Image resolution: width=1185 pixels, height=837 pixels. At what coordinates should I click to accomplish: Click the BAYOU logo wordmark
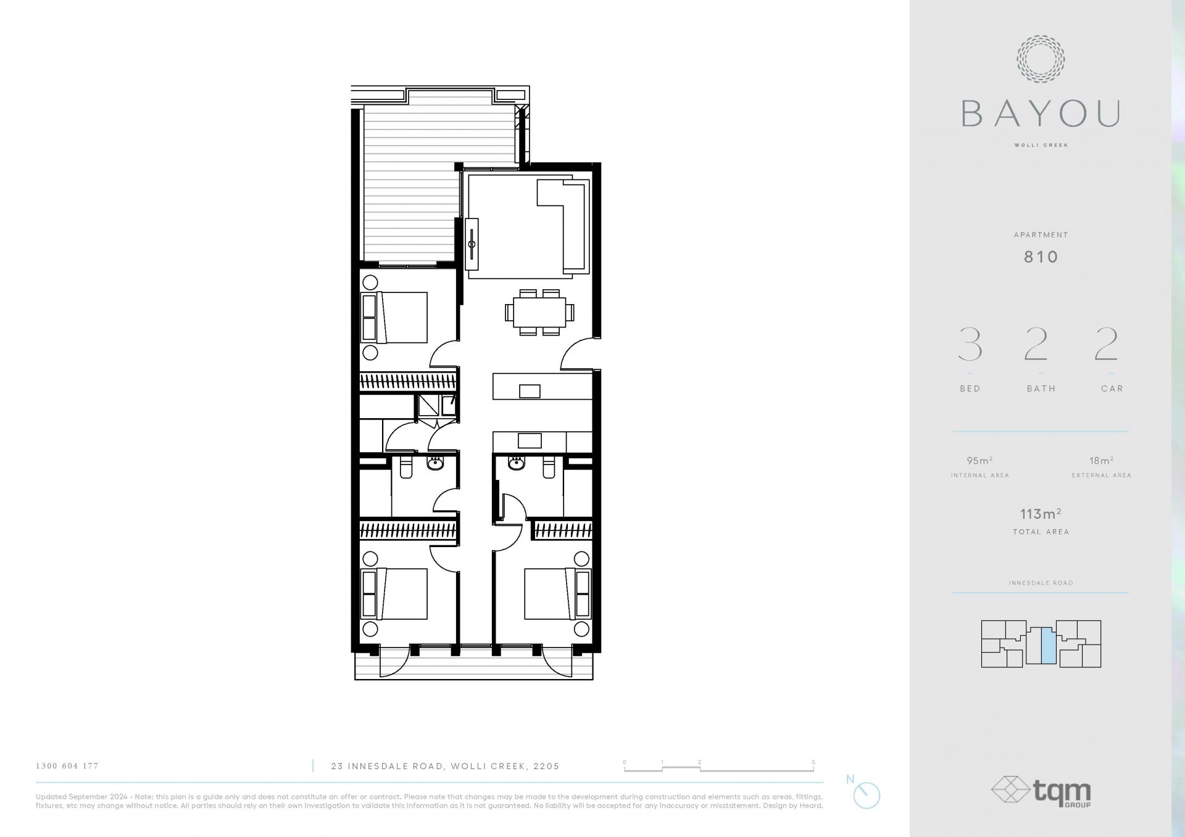(1041, 114)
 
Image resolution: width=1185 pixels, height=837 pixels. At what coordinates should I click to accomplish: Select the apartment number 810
(1041, 257)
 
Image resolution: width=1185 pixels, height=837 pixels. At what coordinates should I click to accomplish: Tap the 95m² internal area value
(979, 461)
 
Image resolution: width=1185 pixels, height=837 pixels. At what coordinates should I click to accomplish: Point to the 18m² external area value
(1102, 461)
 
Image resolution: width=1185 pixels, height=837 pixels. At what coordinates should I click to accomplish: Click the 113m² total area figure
(1041, 514)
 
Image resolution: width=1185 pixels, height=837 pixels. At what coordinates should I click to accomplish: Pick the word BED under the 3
(970, 389)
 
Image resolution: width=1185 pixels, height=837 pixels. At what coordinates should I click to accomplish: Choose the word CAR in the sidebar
(1112, 389)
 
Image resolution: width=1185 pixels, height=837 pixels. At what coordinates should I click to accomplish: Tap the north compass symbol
(866, 795)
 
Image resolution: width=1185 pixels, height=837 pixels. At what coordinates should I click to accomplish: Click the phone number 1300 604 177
(67, 766)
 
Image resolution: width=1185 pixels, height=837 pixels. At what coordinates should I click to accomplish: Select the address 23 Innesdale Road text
(445, 766)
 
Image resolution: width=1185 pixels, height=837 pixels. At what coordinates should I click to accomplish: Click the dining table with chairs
(539, 312)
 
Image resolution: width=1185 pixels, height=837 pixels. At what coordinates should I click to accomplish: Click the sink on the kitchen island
(530, 391)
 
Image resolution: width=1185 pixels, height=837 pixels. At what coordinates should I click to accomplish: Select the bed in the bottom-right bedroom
(557, 594)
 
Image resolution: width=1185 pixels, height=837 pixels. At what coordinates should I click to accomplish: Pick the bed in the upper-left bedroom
(394, 318)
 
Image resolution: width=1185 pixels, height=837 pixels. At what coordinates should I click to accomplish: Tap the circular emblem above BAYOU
(1041, 59)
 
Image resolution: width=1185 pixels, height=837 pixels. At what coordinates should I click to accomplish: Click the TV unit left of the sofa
(472, 244)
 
